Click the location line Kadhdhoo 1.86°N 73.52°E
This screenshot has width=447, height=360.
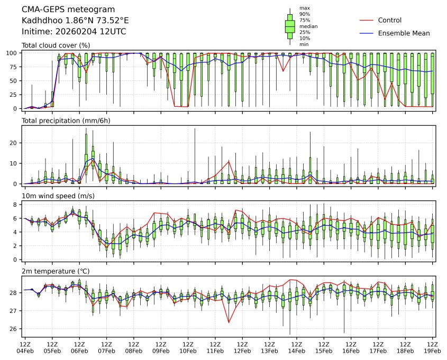[75, 21]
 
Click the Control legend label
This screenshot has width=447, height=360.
[390, 21]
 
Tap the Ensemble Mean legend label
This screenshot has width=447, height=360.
[404, 33]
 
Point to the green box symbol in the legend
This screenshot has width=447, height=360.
[290, 26]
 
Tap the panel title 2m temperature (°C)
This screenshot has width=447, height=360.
[56, 271]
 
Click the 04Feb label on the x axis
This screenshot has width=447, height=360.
[25, 350]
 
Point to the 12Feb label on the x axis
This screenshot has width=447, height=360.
[242, 350]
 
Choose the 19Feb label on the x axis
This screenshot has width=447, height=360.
[432, 350]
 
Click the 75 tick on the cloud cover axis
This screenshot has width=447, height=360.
[16, 67]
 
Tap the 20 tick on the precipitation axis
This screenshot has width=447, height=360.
[16, 143]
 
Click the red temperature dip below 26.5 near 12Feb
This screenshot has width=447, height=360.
[229, 322]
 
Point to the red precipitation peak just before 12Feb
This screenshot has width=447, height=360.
[229, 161]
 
